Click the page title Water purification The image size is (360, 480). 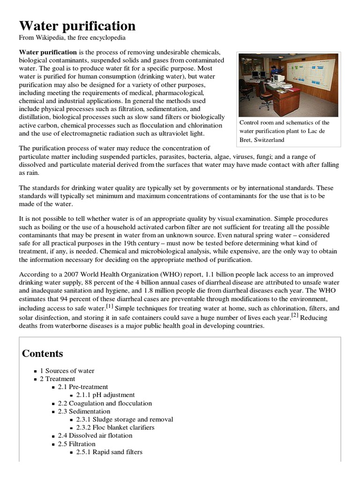(x=77, y=25)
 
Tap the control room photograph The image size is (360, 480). (x=288, y=85)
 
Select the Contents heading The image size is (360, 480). (x=43, y=353)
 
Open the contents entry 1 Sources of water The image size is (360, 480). (x=70, y=371)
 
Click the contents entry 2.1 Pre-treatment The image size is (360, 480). (x=82, y=387)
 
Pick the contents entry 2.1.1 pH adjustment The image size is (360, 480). (x=105, y=395)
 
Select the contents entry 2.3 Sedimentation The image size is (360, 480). (x=84, y=411)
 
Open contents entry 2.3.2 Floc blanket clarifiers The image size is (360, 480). (x=115, y=427)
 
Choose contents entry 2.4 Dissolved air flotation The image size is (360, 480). (x=95, y=435)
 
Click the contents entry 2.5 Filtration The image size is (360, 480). (x=76, y=444)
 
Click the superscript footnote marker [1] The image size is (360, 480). (x=109, y=306)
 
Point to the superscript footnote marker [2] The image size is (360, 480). (x=294, y=315)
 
